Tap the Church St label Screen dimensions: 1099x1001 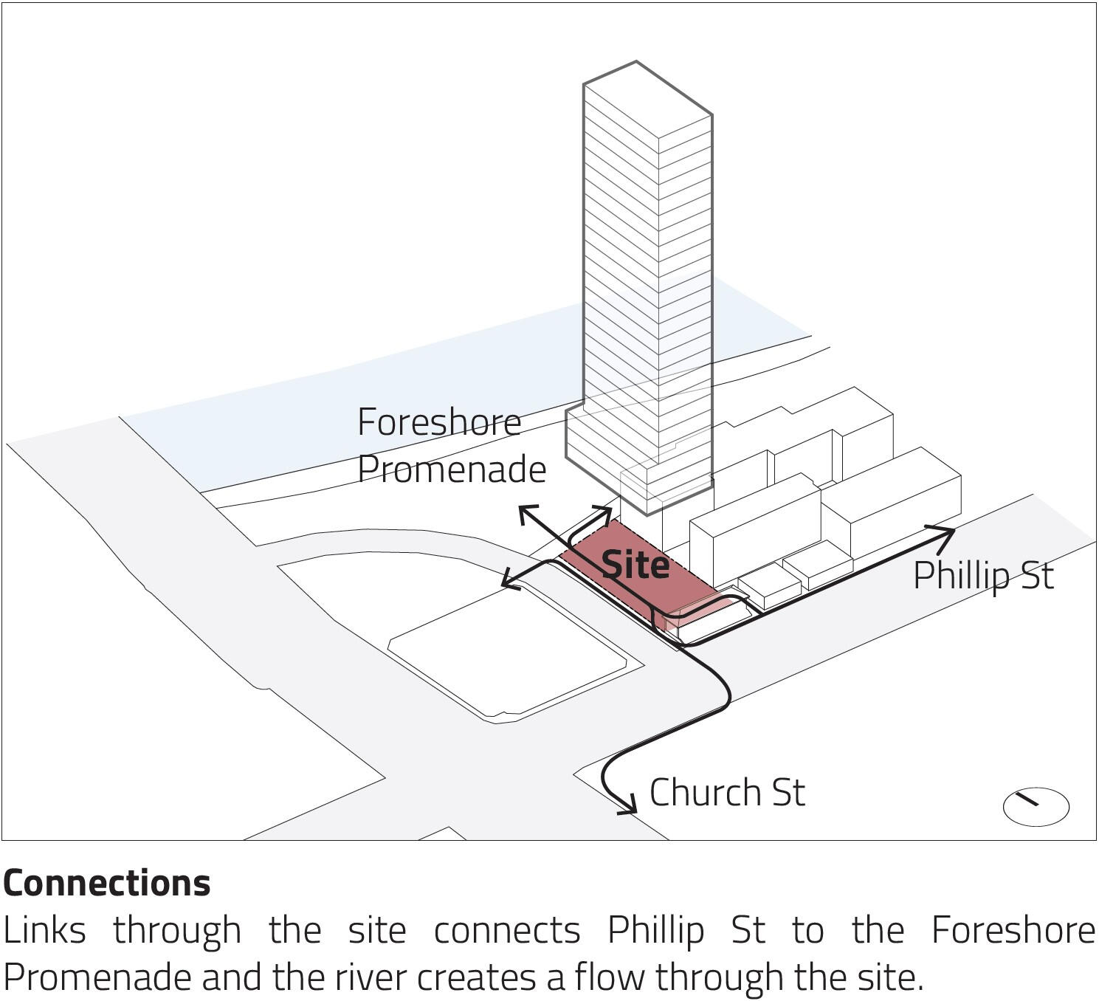click(x=727, y=792)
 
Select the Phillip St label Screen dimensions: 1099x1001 click(x=983, y=577)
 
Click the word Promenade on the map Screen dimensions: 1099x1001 click(x=452, y=469)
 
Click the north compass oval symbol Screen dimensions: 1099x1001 click(x=1036, y=806)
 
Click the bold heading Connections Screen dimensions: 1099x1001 click(x=107, y=883)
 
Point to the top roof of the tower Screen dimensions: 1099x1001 click(x=648, y=99)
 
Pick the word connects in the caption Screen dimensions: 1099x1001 click(x=507, y=932)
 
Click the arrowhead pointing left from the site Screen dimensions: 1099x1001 click(x=511, y=580)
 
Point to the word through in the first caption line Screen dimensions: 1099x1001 click(x=177, y=932)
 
